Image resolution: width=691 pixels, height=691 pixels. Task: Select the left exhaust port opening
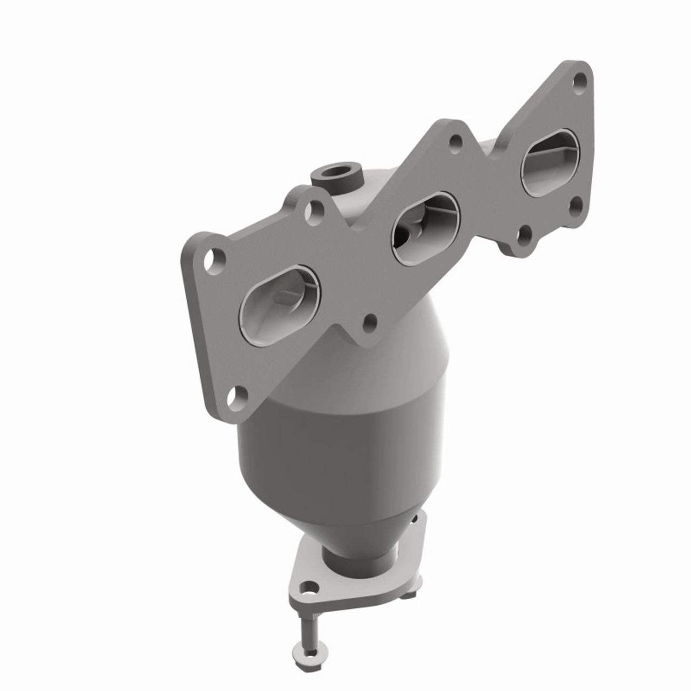(280, 305)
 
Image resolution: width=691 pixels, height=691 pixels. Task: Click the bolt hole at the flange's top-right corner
(580, 80)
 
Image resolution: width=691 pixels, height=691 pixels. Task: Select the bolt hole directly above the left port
(214, 260)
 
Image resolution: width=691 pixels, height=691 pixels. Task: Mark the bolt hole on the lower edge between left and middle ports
(370, 323)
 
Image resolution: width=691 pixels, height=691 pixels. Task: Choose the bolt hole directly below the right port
(576, 205)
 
